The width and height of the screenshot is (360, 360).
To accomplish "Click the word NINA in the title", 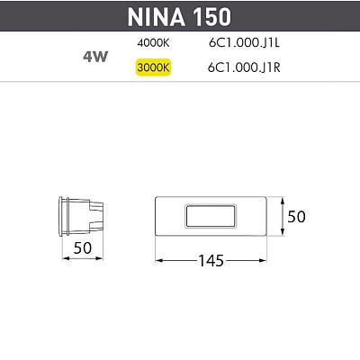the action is pos(156,17).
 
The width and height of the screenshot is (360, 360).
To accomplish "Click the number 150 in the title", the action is pos(212,17).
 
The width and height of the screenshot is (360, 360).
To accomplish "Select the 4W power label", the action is pos(95,57).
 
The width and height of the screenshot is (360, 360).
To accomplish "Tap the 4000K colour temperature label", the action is pos(153,43).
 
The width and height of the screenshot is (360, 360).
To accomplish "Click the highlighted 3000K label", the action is pos(153,67).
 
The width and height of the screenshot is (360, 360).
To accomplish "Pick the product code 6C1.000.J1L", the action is pos(244,43).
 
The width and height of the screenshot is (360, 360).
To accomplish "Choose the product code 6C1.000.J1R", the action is pos(244,67).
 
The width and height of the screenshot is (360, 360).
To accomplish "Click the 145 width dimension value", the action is pos(211,261).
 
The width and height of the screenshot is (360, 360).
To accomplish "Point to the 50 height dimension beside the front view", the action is pos(296,216).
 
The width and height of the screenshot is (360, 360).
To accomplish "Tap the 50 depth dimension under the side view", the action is pos(83,247).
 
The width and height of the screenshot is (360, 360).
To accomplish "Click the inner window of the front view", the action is pos(211,216).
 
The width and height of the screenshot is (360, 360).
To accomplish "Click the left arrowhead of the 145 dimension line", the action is pos(159,260).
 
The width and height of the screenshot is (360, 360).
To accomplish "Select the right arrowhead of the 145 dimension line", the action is pos(263,260).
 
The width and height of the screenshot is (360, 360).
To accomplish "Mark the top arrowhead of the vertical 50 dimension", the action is pos(283,201).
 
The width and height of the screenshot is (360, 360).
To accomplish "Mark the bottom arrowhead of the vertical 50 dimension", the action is pos(283,231).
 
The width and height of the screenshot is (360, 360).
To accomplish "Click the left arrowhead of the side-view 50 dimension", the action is pos(66,258).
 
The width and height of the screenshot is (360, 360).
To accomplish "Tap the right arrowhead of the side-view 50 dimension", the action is pos(99,258).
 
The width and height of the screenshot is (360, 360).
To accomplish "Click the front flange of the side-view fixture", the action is pos(61,216).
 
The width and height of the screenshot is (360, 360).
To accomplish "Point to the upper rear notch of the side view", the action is pos(96,206).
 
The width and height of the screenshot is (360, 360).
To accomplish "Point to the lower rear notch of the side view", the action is pos(96,226).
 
